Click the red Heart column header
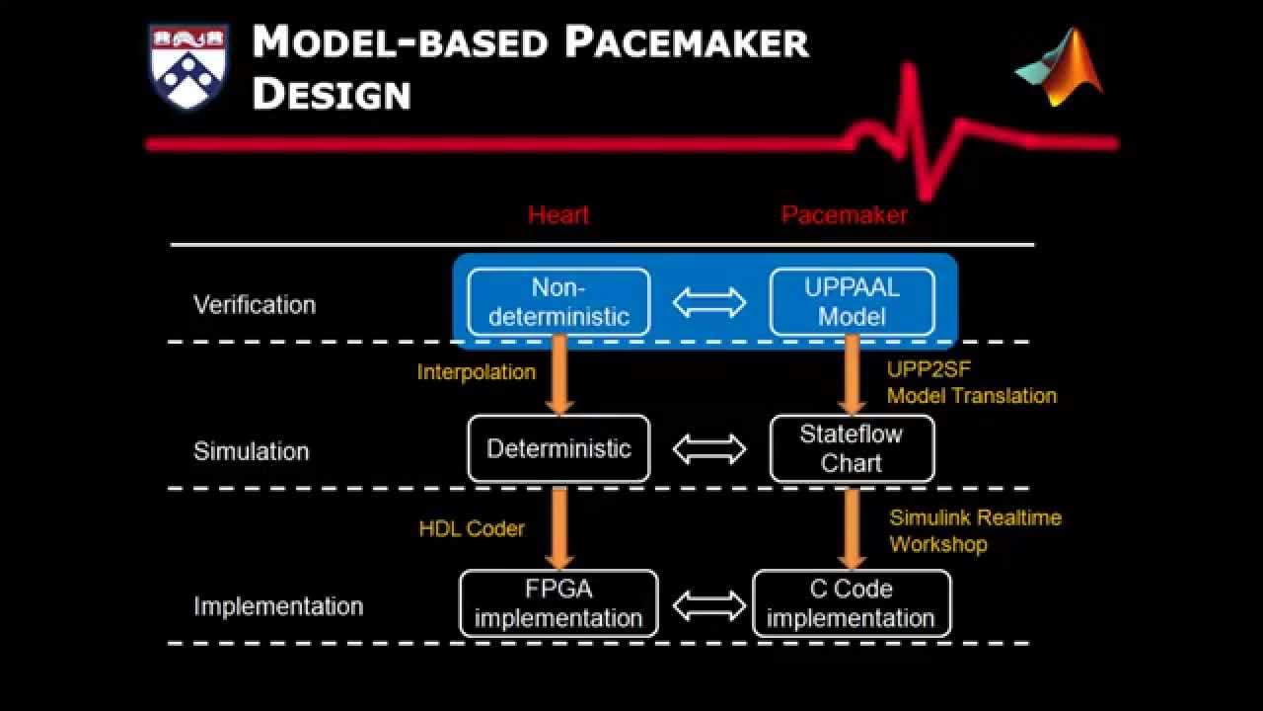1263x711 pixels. click(557, 215)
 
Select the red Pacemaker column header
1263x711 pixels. click(844, 215)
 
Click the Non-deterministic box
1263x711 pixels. click(558, 302)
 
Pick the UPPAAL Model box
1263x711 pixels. click(852, 302)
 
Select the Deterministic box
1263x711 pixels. click(558, 448)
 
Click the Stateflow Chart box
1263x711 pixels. click(852, 448)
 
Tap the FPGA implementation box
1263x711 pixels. click(558, 603)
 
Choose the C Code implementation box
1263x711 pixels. click(852, 603)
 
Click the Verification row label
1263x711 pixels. click(255, 304)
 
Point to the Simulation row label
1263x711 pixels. click(251, 451)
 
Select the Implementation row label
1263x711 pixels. click(278, 606)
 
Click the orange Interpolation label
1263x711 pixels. click(476, 372)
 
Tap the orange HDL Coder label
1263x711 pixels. click(472, 528)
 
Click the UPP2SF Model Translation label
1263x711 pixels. click(971, 383)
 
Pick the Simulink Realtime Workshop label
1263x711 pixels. click(975, 530)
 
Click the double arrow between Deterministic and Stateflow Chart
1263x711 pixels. click(709, 449)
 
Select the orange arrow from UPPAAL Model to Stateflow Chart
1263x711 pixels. click(852, 375)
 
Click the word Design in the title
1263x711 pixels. click(332, 94)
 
